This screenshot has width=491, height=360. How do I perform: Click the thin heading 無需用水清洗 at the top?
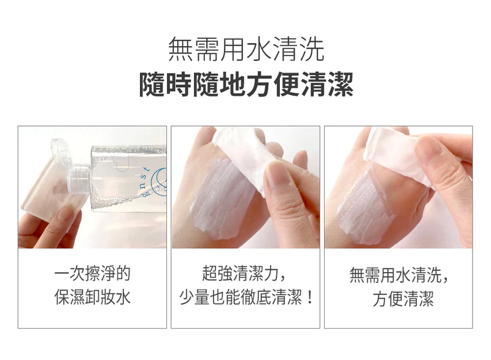pyautogui.click(x=246, y=49)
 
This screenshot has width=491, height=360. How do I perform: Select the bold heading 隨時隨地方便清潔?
pyautogui.click(x=246, y=84)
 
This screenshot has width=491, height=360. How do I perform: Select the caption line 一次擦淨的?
pyautogui.click(x=93, y=274)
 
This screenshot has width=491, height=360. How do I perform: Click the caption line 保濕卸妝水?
pyautogui.click(x=93, y=297)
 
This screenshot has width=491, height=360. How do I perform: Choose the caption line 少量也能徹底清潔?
pyautogui.click(x=241, y=297)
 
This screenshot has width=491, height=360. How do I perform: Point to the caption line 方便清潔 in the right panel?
pyautogui.click(x=403, y=299)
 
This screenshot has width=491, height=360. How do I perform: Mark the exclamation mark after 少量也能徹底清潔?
pyautogui.click(x=310, y=297)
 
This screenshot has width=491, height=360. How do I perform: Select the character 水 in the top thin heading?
pyautogui.click(x=259, y=49)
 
